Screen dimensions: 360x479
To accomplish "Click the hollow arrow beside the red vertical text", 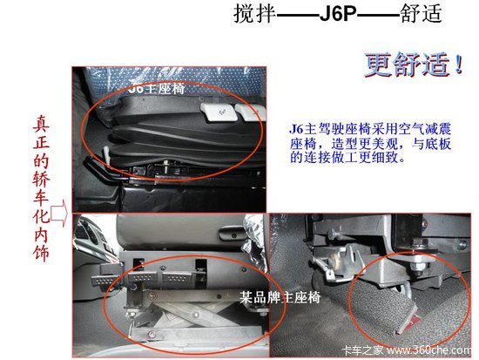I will (x=59, y=212).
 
